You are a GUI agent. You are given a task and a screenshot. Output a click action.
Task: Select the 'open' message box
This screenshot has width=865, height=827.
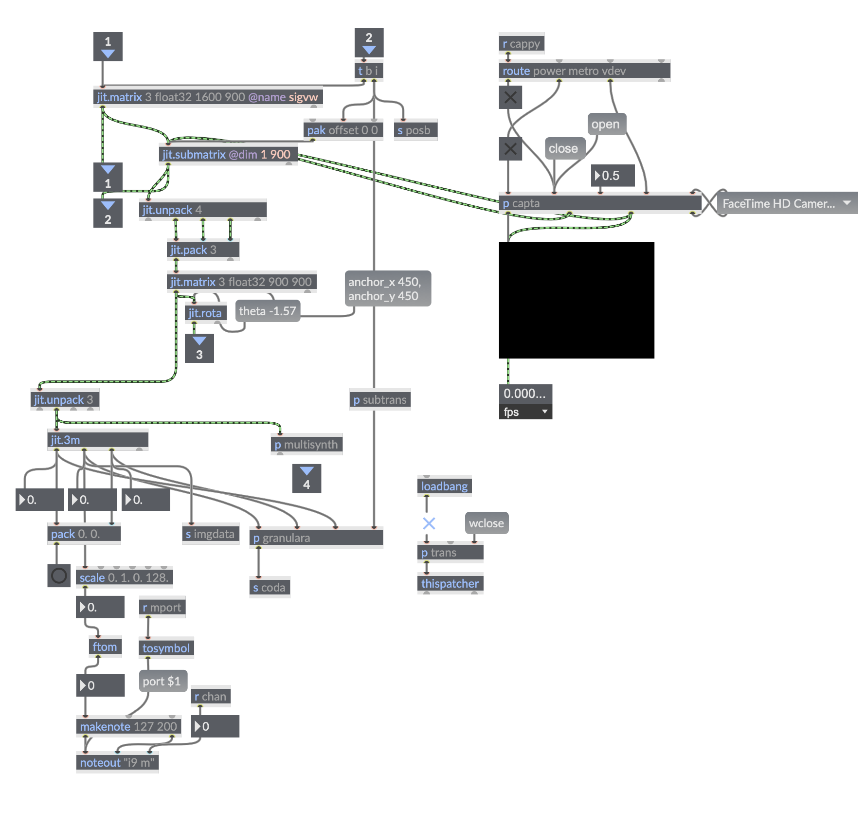[x=606, y=125]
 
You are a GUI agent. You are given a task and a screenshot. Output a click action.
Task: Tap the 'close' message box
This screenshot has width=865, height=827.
[x=564, y=149]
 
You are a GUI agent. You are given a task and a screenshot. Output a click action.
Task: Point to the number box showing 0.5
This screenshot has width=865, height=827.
[x=613, y=176]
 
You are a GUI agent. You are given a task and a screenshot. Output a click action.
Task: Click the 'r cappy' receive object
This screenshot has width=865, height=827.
[x=521, y=44]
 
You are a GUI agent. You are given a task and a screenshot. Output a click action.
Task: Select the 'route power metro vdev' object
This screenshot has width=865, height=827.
[x=584, y=71]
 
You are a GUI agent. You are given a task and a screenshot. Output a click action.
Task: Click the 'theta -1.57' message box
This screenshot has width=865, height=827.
[x=268, y=311]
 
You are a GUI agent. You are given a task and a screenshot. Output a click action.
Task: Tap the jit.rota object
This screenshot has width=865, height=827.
[x=205, y=313]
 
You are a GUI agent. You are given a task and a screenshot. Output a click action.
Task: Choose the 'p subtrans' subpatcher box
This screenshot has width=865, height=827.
[x=379, y=400]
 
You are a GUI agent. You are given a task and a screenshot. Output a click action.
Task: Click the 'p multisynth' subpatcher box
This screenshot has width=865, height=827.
[x=306, y=445]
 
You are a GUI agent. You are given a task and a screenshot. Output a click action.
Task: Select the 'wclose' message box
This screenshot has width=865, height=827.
[x=487, y=523]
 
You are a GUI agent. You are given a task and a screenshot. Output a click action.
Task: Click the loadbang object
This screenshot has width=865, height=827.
[x=444, y=486]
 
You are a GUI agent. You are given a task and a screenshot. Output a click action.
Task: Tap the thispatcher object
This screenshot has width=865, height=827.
[x=450, y=584]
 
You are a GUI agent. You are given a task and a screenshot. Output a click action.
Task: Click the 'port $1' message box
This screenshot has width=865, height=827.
[x=162, y=682]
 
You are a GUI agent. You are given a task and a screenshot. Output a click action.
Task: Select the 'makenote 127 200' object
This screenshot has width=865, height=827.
[x=128, y=727]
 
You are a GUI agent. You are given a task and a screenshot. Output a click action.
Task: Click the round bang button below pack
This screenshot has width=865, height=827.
[x=59, y=576]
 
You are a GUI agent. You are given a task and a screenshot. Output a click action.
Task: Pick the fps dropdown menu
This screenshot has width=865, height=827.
[x=525, y=412]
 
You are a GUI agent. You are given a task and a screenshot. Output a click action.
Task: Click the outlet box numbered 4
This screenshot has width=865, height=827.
[x=306, y=479]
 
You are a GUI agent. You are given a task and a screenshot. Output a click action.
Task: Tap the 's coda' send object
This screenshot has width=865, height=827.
[x=270, y=588]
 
